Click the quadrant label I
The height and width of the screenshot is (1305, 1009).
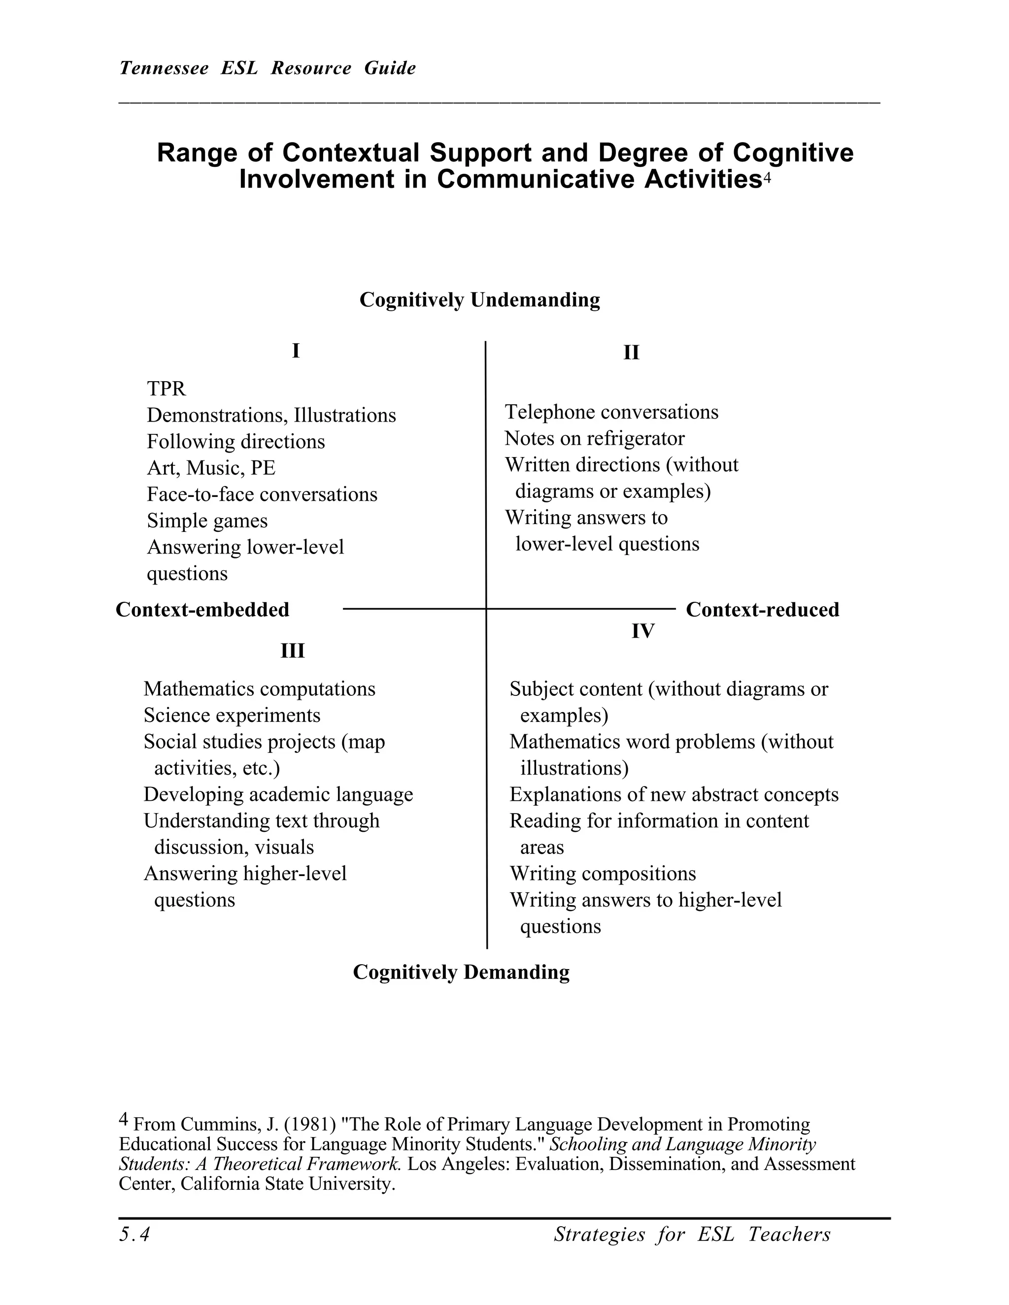coord(295,351)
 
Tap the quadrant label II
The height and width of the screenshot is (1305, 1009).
coord(631,353)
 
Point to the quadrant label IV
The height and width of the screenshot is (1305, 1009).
coord(642,631)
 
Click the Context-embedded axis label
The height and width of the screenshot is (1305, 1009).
coord(202,610)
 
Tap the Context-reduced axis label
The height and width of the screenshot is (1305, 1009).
coord(762,610)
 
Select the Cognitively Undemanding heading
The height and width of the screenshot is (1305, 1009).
coord(479,299)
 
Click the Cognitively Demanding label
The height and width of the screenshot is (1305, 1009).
coord(461,972)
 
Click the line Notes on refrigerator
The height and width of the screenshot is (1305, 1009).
coord(594,439)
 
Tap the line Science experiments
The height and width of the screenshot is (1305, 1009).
coord(232,715)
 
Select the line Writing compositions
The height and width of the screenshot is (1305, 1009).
coord(603,874)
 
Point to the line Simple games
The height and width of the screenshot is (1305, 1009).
coord(207,521)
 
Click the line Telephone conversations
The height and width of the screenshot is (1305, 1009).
coord(611,412)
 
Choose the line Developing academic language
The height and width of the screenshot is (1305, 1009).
coord(278,795)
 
